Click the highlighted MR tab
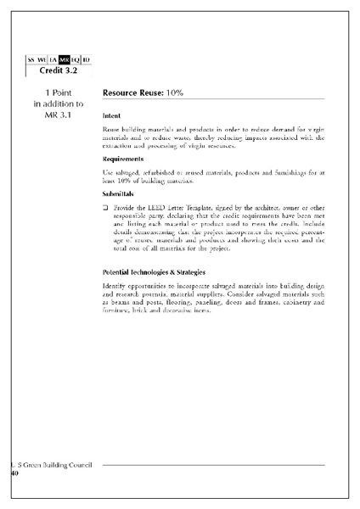coord(64,59)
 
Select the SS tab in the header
coord(31,59)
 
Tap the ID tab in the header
coord(87,59)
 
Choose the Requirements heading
coord(122,159)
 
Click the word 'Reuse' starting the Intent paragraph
coord(112,127)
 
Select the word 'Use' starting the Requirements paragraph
coord(108,172)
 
